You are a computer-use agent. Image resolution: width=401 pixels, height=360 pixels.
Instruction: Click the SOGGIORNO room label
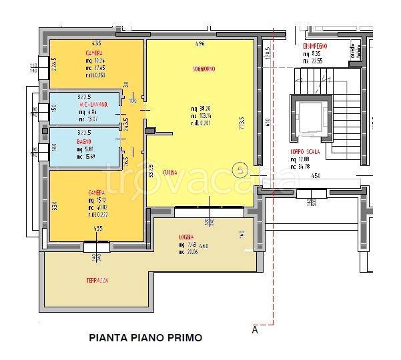[201, 68]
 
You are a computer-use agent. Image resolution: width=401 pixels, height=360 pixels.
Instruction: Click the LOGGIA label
[186, 237]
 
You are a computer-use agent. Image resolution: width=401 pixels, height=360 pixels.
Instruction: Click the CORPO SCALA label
[304, 152]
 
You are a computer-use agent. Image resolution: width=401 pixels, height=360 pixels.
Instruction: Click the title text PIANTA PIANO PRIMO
[145, 338]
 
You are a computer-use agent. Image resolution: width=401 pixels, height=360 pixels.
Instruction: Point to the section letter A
[254, 329]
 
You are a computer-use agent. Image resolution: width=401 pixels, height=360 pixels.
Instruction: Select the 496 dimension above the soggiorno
[199, 44]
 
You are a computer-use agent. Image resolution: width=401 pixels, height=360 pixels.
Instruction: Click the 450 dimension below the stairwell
[315, 176]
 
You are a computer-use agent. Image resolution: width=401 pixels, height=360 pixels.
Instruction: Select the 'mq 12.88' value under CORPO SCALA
[304, 159]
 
